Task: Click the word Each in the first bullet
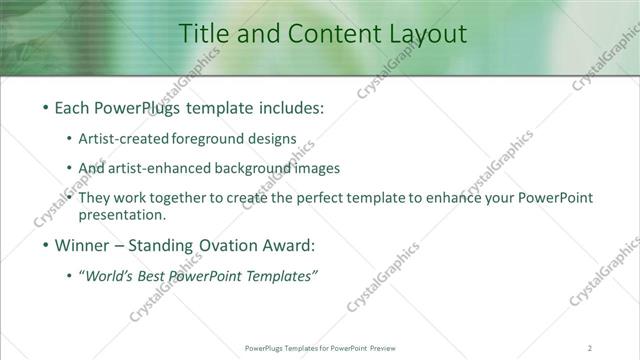tap(72, 108)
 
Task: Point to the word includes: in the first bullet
tap(291, 108)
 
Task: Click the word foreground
tap(222, 139)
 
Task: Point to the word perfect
tap(305, 198)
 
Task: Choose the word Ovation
tap(213, 245)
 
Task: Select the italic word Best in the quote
tap(171, 276)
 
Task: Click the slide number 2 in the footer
tap(591, 348)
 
